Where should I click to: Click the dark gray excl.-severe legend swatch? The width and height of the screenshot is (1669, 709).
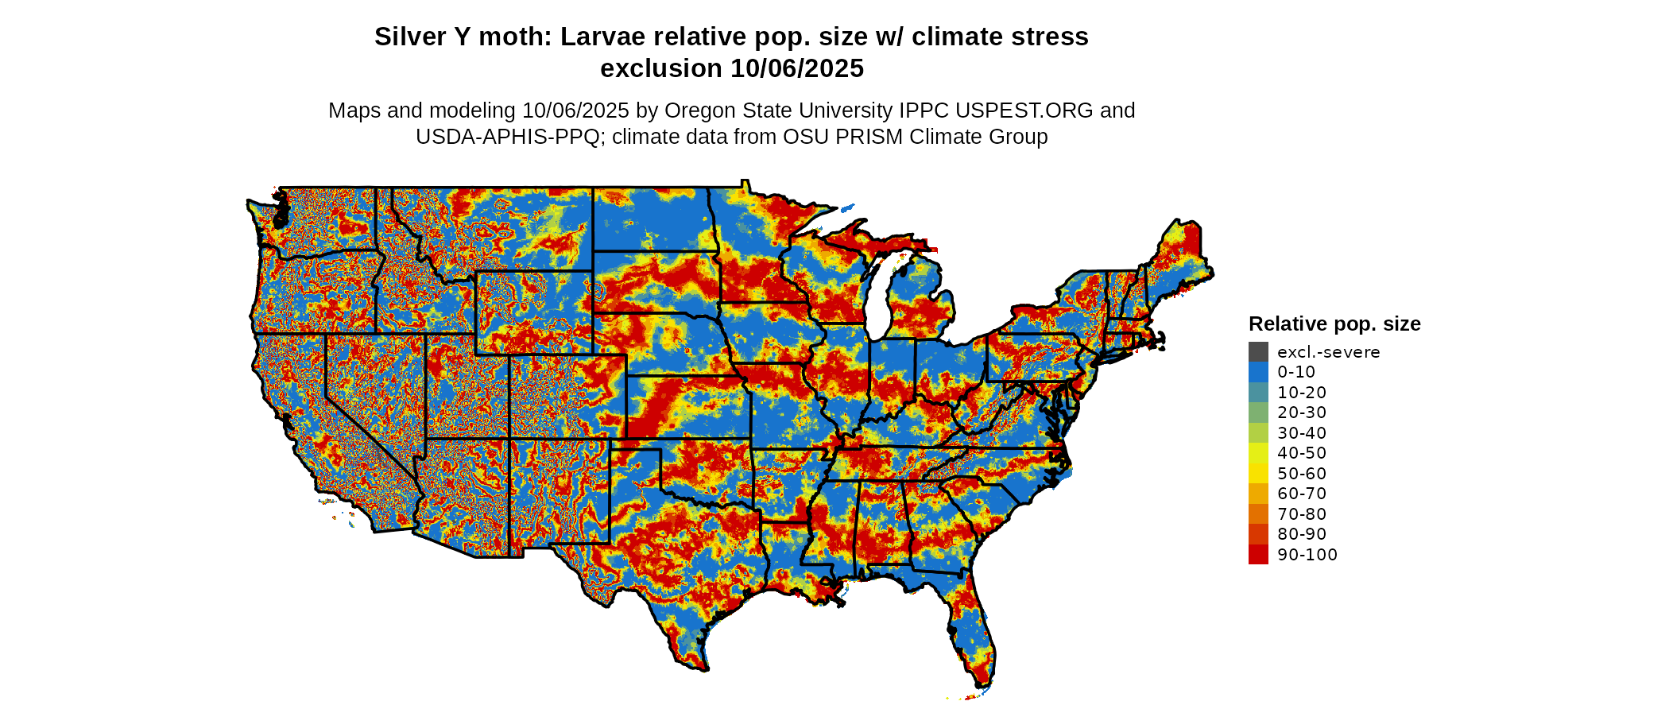click(1258, 352)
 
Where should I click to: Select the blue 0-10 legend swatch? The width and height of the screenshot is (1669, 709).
click(1258, 372)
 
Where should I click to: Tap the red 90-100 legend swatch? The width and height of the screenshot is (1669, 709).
click(1258, 555)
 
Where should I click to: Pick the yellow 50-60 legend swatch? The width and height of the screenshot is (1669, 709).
click(1258, 474)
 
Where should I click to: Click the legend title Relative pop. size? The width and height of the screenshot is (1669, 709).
click(1334, 324)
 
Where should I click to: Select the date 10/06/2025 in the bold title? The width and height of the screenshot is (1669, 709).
click(797, 69)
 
